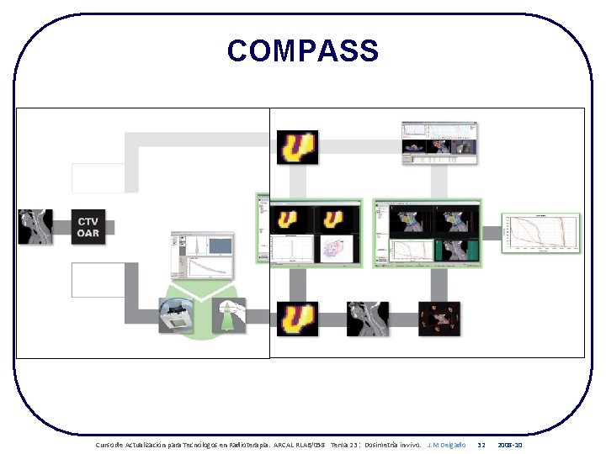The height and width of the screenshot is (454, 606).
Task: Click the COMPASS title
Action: (x=303, y=51)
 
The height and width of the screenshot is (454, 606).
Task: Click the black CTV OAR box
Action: (x=88, y=227)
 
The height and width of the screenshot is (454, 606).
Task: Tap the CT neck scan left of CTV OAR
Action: (x=35, y=227)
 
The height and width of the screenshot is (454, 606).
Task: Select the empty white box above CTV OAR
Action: (x=97, y=178)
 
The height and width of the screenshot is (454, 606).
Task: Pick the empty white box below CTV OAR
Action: (x=97, y=279)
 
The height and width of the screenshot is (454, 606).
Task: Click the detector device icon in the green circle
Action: (x=177, y=317)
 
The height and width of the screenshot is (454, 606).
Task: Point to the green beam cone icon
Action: (x=228, y=316)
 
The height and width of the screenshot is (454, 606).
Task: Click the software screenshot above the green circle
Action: (x=202, y=256)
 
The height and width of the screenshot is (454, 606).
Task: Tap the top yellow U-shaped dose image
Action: (x=298, y=148)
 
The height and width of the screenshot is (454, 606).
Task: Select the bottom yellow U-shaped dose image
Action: (x=298, y=319)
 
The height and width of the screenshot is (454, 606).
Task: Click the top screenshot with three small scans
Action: (x=438, y=143)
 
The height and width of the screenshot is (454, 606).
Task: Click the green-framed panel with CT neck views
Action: (x=427, y=233)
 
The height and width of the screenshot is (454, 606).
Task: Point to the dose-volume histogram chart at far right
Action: (x=541, y=233)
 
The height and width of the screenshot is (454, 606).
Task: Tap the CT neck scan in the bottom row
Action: (x=369, y=319)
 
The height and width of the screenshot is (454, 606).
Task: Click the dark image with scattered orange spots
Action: (x=439, y=319)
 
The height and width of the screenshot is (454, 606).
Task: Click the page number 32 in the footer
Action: (x=481, y=444)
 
